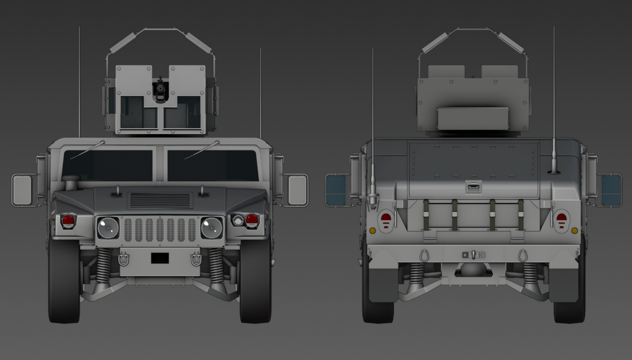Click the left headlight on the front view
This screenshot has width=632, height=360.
[108, 228]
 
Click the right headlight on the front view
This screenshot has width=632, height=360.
[212, 228]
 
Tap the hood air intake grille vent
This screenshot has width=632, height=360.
[160, 200]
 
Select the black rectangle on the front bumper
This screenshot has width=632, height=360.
[160, 258]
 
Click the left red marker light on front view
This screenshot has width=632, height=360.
[68, 220]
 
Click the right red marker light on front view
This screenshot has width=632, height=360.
[252, 219]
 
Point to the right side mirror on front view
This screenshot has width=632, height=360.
[297, 190]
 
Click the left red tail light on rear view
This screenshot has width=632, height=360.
[386, 220]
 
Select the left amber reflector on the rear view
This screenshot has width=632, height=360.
[372, 231]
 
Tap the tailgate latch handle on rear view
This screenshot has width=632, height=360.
[474, 186]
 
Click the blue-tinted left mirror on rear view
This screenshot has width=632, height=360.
[336, 190]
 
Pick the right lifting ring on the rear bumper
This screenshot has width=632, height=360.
[523, 255]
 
